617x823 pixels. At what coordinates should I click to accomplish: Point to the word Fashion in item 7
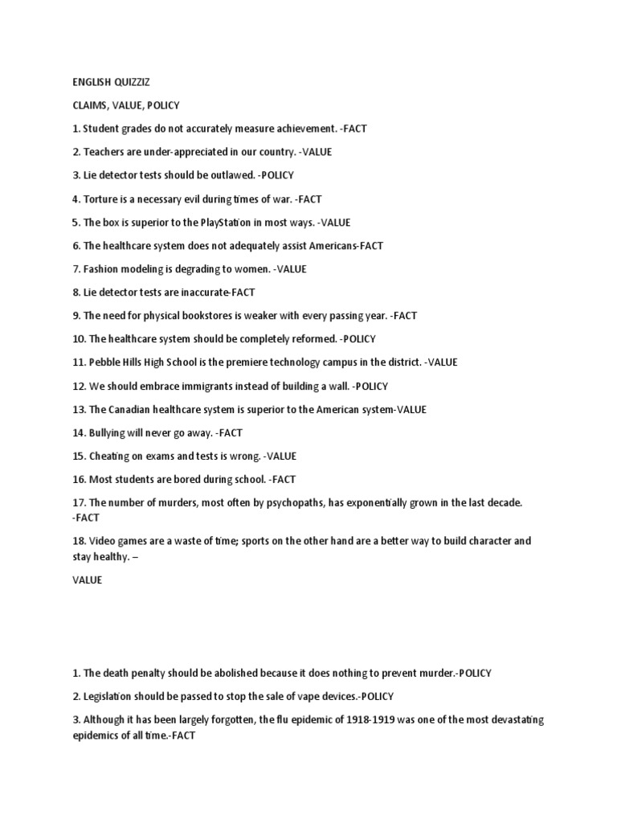(102, 269)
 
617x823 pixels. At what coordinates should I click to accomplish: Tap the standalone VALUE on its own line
(87, 579)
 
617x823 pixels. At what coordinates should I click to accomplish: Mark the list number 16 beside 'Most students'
(79, 479)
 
